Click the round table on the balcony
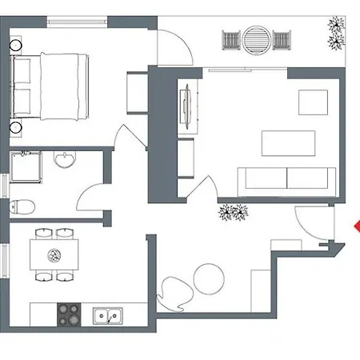pyautogui.click(x=256, y=38)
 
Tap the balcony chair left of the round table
pyautogui.click(x=231, y=38)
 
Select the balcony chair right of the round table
pyautogui.click(x=282, y=38)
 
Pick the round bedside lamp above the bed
pyautogui.click(x=15, y=47)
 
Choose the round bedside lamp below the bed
pyautogui.click(x=15, y=126)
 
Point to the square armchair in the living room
pyautogui.click(x=314, y=102)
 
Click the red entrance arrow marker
pyautogui.click(x=356, y=227)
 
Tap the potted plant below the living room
pyautogui.click(x=234, y=213)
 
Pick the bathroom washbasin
pyautogui.click(x=63, y=162)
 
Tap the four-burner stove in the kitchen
pyautogui.click(x=69, y=314)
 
